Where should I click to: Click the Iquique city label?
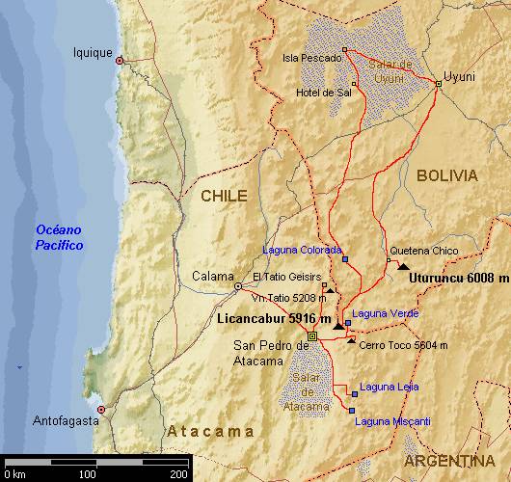coord(94,53)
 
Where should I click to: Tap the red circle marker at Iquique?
coord(120,61)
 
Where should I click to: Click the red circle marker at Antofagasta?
coord(100,410)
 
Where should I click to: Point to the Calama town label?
coord(212,276)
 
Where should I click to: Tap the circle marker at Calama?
coord(238,286)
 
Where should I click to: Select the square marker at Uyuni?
coord(438,84)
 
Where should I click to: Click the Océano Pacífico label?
coord(59,237)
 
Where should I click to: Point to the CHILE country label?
coord(224,196)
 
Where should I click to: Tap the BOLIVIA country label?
coord(446,175)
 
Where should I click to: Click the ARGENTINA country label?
coord(456,462)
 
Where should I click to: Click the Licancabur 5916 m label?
coord(274,318)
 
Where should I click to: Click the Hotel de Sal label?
coord(324,94)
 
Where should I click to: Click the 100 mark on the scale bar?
coord(87,474)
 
